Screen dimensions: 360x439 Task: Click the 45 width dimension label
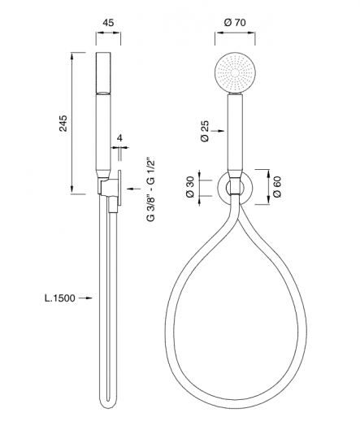(108, 23)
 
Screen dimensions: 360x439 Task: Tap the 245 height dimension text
(63, 123)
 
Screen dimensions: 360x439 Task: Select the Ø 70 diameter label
(235, 22)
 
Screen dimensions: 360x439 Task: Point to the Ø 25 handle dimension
(205, 131)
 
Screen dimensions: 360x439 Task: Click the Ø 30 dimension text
(190, 187)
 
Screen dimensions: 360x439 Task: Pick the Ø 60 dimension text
(277, 187)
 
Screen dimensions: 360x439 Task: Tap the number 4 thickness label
(119, 138)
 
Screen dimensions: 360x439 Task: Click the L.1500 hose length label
(60, 298)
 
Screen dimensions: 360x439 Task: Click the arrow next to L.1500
(85, 298)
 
